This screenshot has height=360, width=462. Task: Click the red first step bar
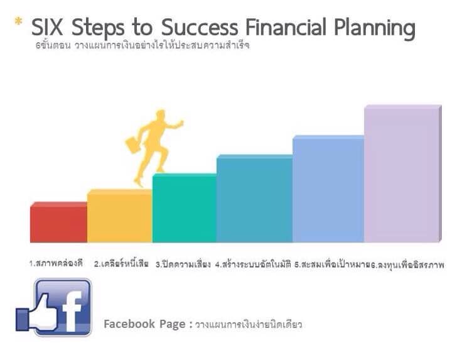[x=58, y=222]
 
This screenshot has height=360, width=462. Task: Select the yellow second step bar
[x=120, y=216]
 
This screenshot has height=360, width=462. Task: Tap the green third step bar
[x=185, y=208]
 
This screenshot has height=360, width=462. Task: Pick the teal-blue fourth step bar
[x=255, y=199]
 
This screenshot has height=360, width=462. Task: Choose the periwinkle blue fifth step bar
[x=328, y=189]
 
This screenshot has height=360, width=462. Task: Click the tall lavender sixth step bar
[x=403, y=173]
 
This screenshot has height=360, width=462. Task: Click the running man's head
[x=161, y=114]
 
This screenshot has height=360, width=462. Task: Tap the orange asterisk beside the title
[x=18, y=21]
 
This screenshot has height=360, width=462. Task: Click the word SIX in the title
[x=47, y=27]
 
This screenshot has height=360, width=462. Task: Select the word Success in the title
[x=200, y=27]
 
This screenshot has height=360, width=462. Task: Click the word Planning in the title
[x=375, y=29]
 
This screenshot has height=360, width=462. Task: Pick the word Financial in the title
[x=286, y=27]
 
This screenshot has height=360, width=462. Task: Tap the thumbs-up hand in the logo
[x=37, y=314]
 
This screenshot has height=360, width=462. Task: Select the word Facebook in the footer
[x=129, y=324]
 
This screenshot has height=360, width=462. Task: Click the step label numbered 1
[x=56, y=263]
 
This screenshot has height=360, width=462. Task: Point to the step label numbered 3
[x=183, y=264]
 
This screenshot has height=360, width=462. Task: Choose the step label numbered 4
[x=253, y=264]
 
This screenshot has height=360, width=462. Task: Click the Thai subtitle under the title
[x=142, y=46]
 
